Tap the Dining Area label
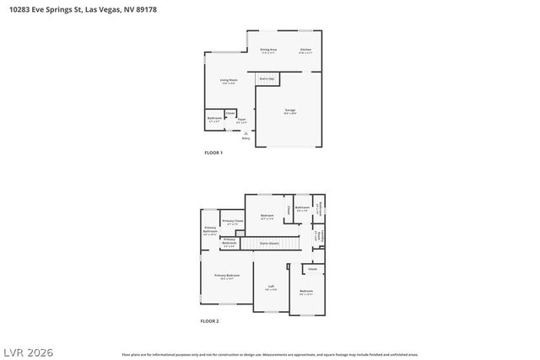268,51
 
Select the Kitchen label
305,51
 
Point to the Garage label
289,110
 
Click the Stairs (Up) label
267,78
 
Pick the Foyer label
241,120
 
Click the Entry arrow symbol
246,132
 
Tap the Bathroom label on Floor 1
214,119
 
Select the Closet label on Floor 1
229,111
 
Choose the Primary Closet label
233,222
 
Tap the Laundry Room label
321,234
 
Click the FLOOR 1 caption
213,153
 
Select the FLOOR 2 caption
209,321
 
